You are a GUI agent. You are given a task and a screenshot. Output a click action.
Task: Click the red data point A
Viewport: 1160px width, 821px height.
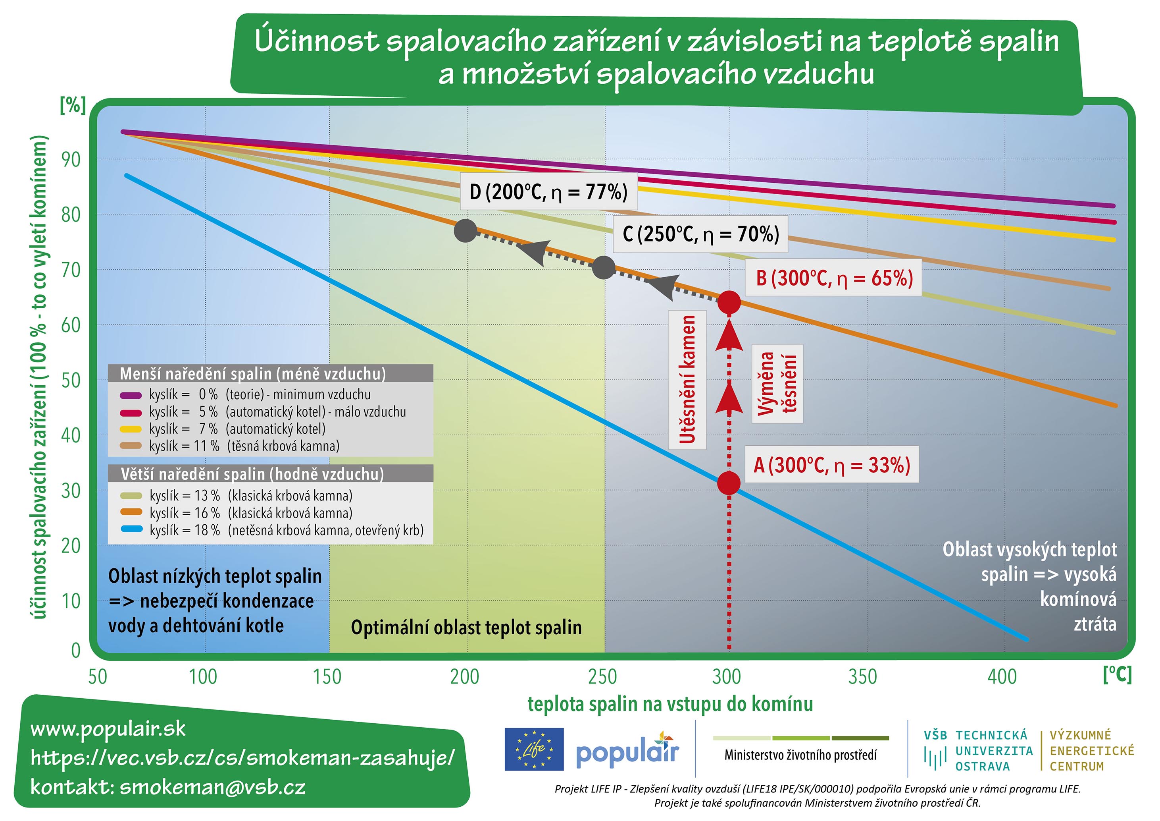[x=729, y=483]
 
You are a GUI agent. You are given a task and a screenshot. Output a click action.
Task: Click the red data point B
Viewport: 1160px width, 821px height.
[x=729, y=302]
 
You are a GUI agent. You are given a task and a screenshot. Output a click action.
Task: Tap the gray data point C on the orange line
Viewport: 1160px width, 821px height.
[x=603, y=267]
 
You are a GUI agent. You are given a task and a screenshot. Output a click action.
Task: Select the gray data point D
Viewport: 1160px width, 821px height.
[x=466, y=230]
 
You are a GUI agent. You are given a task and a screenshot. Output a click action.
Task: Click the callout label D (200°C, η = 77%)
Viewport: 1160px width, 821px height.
[x=549, y=191]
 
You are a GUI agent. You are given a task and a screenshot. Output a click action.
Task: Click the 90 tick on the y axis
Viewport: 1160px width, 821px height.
[x=71, y=159]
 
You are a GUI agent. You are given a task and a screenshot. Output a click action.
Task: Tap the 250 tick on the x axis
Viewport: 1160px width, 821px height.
[x=602, y=676]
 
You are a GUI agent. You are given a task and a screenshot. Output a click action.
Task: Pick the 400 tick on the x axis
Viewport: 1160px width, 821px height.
[x=1002, y=676]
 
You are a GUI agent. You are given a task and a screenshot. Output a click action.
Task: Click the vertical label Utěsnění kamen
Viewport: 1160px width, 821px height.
[x=687, y=379]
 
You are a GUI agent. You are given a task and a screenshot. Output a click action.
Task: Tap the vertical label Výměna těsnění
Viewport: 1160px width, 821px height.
[x=777, y=383]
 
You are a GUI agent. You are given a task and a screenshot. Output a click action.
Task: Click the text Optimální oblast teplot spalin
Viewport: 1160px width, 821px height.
[x=466, y=628]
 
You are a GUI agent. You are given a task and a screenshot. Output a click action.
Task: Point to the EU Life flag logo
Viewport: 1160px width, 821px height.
[x=534, y=749]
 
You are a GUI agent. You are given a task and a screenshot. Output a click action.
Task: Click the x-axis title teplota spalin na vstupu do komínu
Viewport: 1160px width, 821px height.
[x=670, y=704]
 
